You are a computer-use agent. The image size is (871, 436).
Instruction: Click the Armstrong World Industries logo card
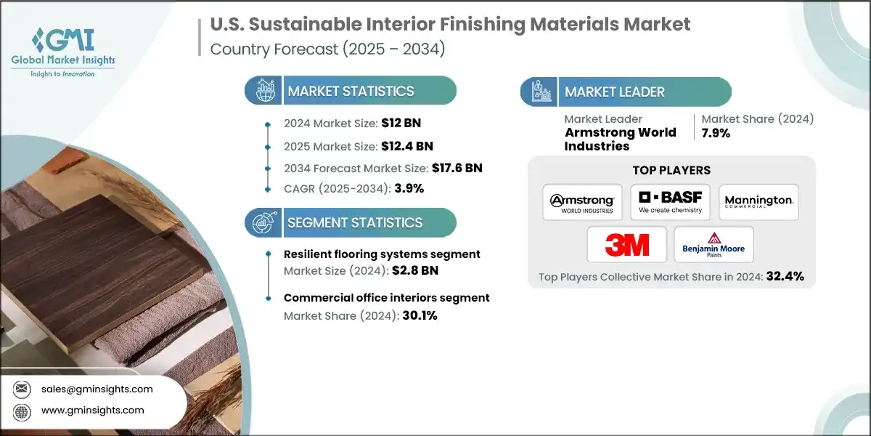(582, 202)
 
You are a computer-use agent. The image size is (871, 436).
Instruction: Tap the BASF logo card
(670, 202)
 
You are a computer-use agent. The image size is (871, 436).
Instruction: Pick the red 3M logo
(626, 244)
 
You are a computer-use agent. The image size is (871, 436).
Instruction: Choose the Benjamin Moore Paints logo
(713, 244)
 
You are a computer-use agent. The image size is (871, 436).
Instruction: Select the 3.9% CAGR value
(409, 188)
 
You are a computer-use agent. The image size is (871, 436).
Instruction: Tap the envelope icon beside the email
(23, 389)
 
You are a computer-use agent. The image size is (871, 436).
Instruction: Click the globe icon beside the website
(23, 411)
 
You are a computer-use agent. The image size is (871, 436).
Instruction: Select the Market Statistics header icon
(262, 91)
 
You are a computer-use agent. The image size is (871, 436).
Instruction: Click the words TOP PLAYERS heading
(672, 171)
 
